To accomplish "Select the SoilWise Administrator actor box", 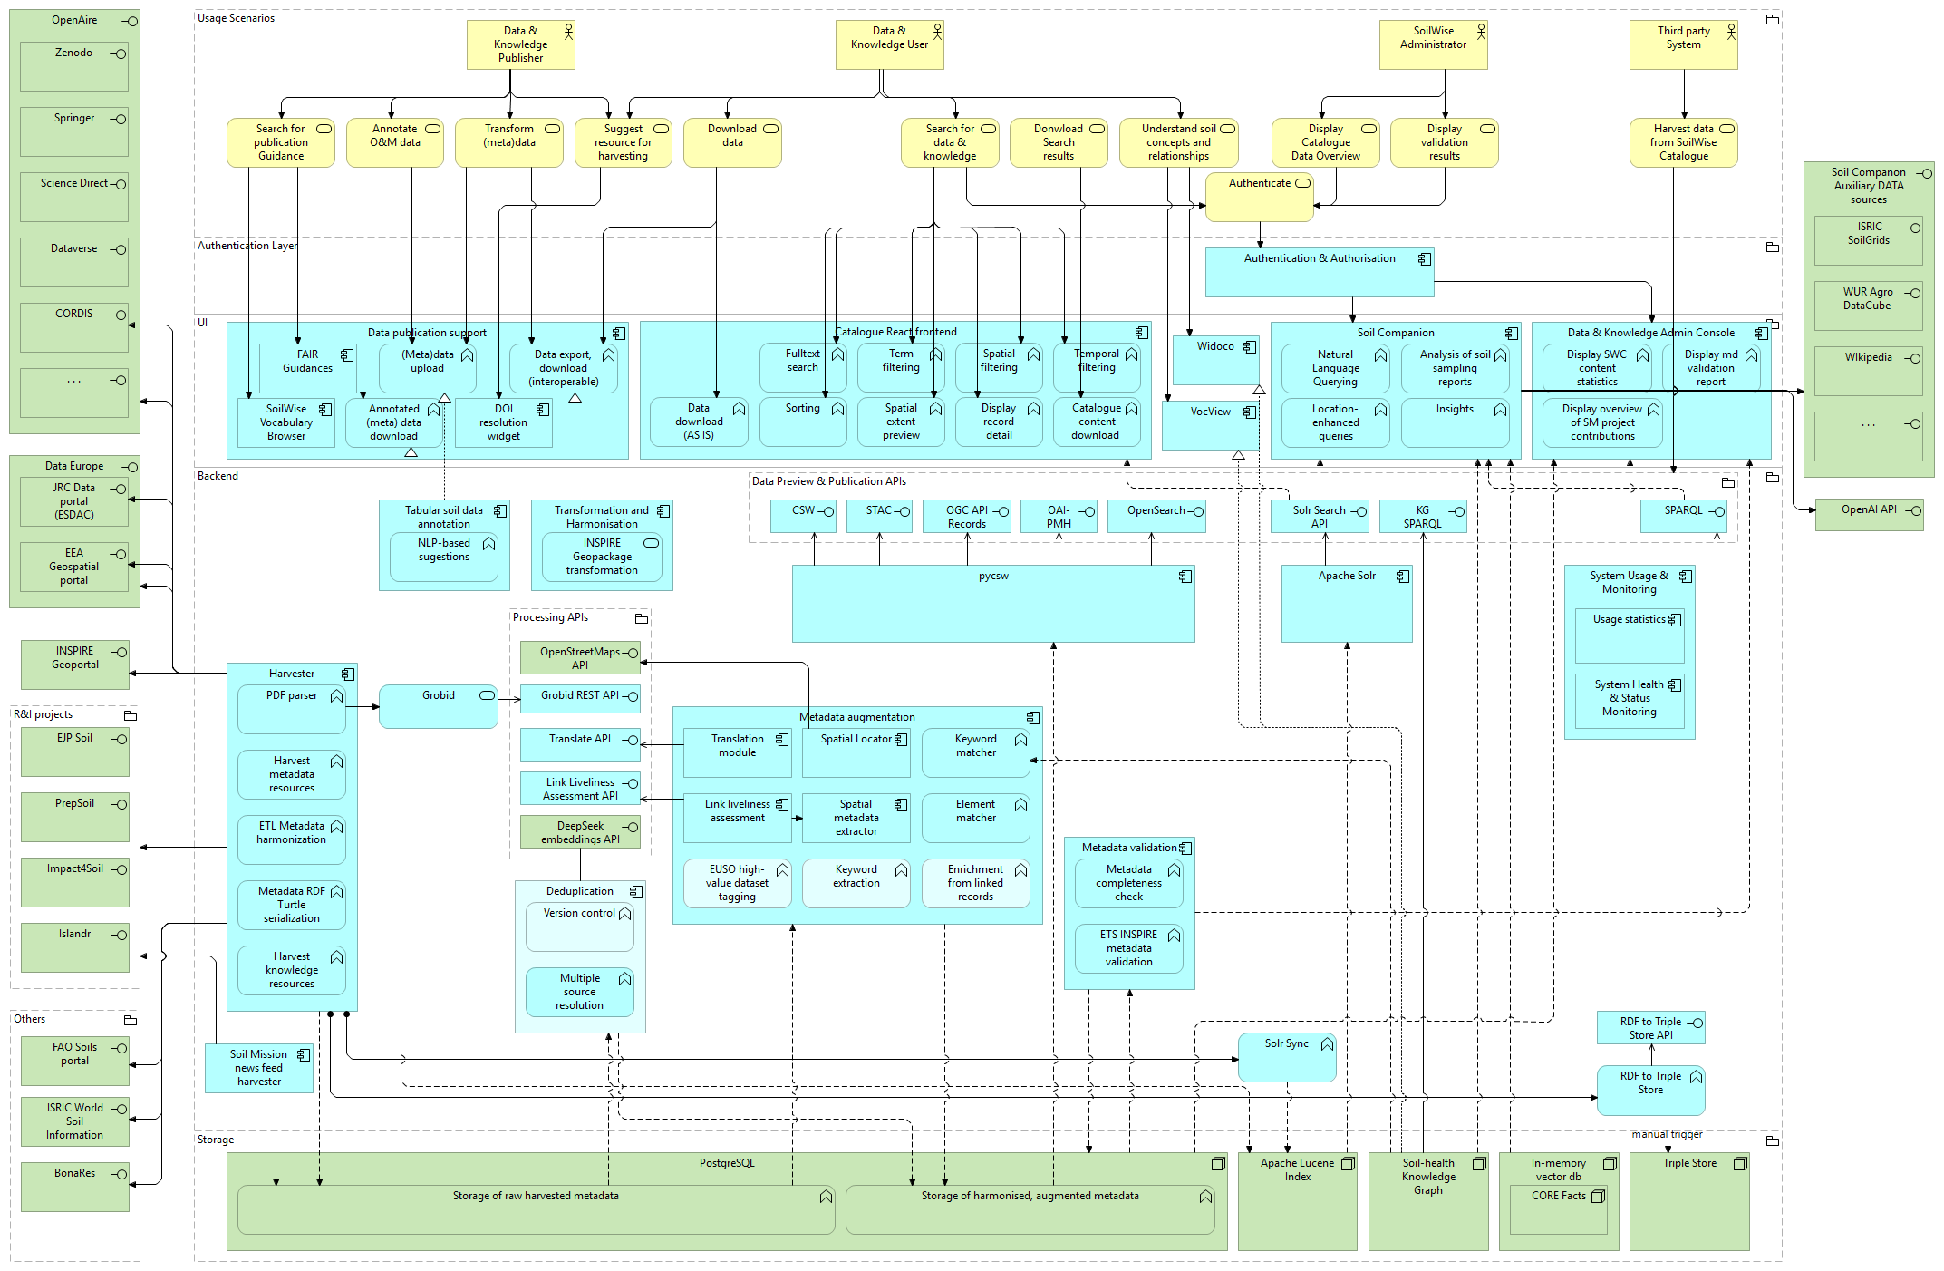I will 1433,45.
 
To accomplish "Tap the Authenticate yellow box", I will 1259,197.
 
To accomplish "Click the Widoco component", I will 1214,360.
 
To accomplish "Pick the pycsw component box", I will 992,604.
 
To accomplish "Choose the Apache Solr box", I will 1346,604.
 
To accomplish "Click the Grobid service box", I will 438,706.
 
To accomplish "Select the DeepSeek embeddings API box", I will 580,832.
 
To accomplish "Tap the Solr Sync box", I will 1286,1057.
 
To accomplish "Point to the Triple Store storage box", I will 1688,1201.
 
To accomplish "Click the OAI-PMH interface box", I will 1058,517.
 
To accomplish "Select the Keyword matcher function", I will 975,753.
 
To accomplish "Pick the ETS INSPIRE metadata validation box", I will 1128,948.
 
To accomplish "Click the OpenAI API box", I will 1868,515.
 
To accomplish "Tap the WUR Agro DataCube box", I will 1867,306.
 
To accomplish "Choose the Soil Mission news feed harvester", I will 259,1068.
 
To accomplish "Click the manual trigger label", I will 1667,1134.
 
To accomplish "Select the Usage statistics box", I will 1629,635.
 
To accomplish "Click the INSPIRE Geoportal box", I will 74,665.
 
